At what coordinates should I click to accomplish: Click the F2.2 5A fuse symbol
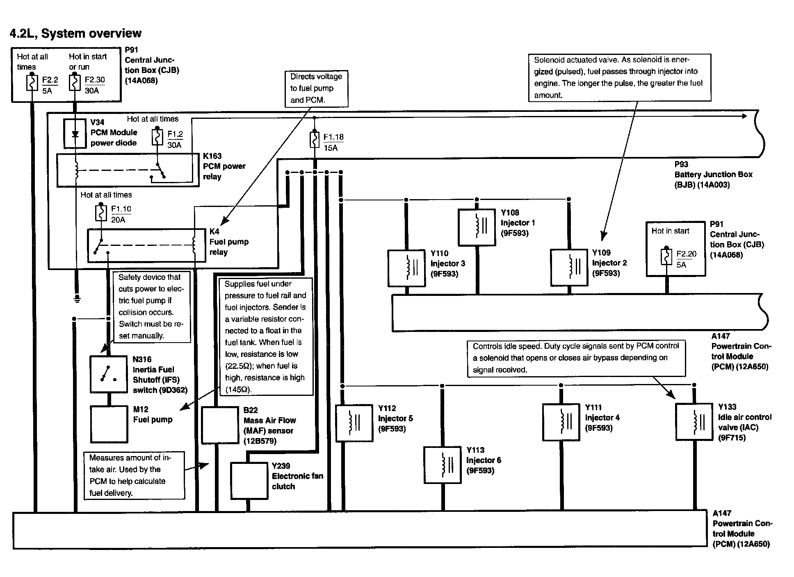[x=32, y=83]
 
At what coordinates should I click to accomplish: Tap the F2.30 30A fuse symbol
[x=74, y=83]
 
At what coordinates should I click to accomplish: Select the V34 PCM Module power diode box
[x=75, y=134]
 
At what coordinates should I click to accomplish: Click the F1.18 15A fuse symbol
[x=315, y=140]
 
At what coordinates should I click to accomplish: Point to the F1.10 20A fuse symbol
[x=101, y=213]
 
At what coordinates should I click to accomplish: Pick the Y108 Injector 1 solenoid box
[x=477, y=227]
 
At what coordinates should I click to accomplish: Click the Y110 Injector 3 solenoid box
[x=406, y=268]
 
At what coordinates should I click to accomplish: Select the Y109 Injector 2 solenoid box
[x=569, y=268]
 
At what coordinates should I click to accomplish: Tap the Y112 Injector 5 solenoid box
[x=354, y=423]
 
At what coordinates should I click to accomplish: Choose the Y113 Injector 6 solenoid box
[x=443, y=465]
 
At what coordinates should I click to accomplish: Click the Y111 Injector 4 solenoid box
[x=561, y=422]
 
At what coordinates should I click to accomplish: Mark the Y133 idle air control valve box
[x=694, y=422]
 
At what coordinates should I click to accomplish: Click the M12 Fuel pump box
[x=109, y=424]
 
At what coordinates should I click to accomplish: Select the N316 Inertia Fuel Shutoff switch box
[x=108, y=374]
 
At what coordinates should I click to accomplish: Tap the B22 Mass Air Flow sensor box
[x=220, y=425]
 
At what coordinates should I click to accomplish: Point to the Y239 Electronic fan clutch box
[x=249, y=481]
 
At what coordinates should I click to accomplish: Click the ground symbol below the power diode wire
[x=77, y=299]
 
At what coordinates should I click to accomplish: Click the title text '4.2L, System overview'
[x=75, y=33]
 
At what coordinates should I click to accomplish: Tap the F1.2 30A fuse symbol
[x=157, y=137]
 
